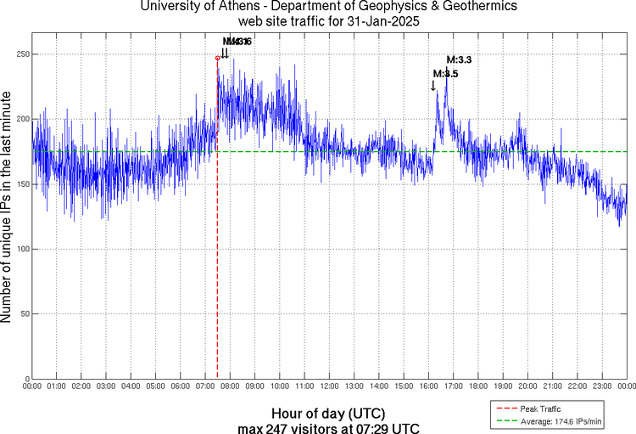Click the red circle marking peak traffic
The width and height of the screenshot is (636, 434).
coord(218,58)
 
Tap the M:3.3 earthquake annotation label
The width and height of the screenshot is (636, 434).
coord(459,59)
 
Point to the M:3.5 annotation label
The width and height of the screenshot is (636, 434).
coord(445,74)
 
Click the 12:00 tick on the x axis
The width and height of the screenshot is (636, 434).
coord(329,386)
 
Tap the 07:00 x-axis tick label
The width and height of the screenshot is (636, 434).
coord(205,386)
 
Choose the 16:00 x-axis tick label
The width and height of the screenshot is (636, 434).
coord(428,386)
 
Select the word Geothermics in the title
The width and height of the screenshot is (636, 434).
coord(482,7)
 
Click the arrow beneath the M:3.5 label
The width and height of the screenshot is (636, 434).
coord(433,84)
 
